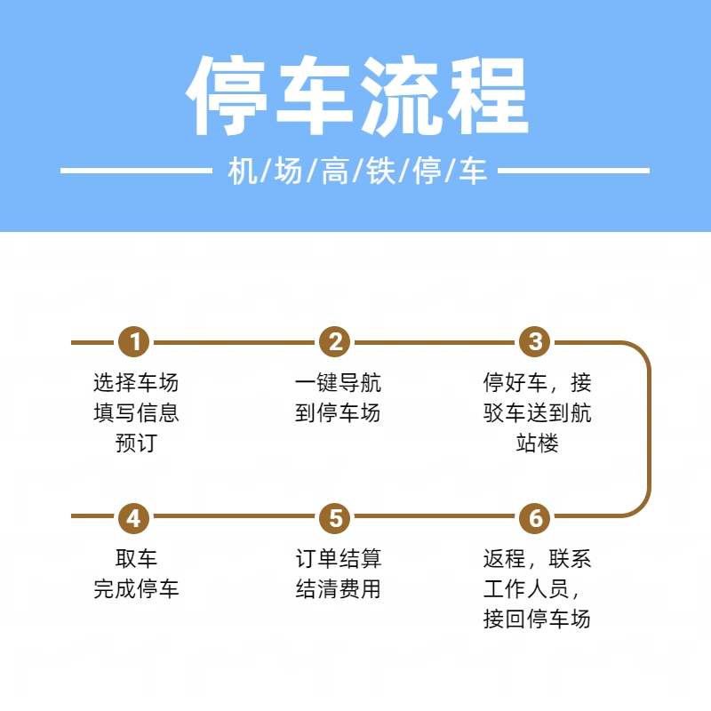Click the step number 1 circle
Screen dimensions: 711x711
tap(134, 342)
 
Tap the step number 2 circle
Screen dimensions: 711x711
tap(335, 342)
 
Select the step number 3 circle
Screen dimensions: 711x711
tap(535, 342)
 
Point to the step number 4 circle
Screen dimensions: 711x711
tap(134, 518)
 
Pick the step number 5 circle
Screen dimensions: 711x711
tap(335, 518)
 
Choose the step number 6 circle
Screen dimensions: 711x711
tap(535, 518)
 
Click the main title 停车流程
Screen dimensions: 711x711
tap(357, 96)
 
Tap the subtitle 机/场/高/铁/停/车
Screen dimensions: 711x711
tap(357, 171)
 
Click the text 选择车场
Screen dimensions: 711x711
tap(136, 383)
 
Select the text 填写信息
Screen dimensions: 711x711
tap(136, 412)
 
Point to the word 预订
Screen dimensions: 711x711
tap(136, 443)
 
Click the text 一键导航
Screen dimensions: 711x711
tap(338, 383)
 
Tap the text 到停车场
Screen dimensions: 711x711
tap(338, 412)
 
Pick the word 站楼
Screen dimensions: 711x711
tap(538, 443)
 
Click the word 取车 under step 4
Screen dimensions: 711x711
tap(136, 559)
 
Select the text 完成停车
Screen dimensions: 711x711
tap(136, 588)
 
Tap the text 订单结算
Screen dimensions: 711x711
tap(338, 559)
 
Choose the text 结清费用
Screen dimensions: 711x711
tap(338, 588)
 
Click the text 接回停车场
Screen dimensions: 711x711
tap(538, 619)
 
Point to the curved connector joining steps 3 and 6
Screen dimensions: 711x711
tap(649, 429)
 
